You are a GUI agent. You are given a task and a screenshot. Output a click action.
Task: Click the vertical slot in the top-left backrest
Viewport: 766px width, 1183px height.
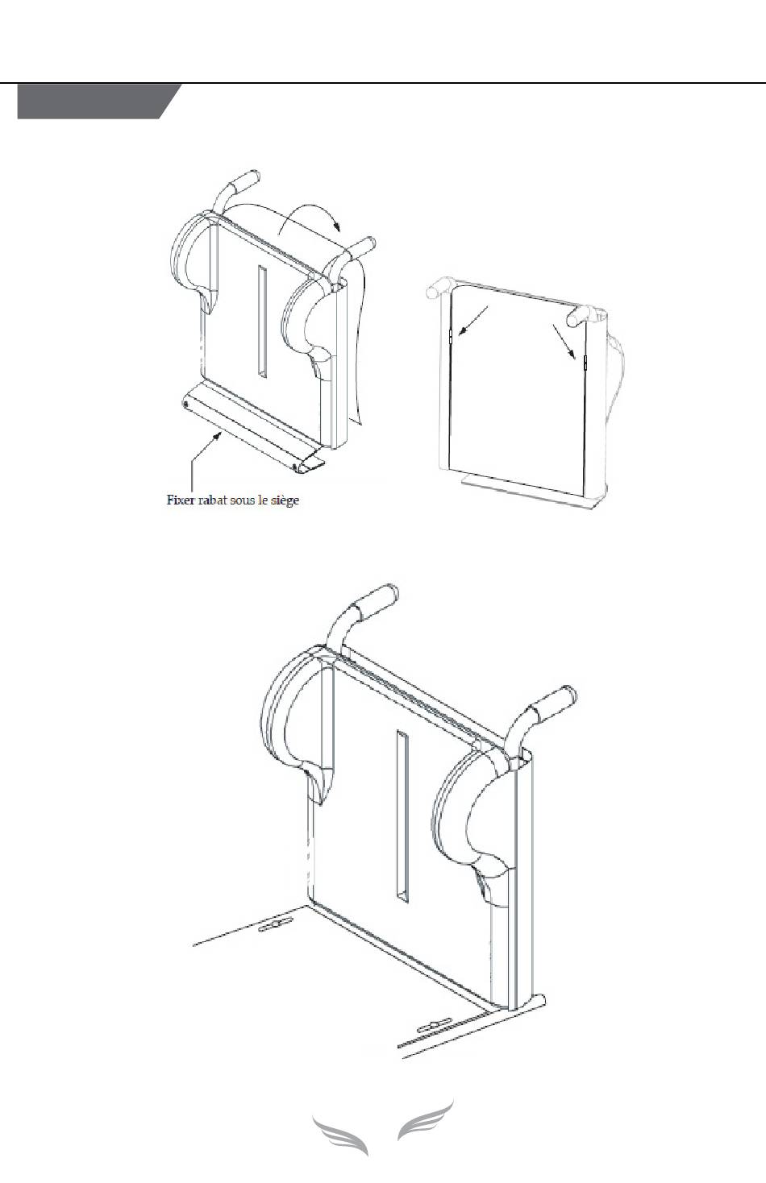262,321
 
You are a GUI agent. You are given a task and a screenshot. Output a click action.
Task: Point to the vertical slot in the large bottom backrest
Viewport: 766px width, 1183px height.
402,815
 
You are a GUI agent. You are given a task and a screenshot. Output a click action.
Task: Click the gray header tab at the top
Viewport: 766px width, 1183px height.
97,102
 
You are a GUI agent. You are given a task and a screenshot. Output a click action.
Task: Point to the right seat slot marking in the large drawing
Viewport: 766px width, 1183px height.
434,1027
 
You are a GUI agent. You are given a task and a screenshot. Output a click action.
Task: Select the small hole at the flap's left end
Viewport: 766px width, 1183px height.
187,403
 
